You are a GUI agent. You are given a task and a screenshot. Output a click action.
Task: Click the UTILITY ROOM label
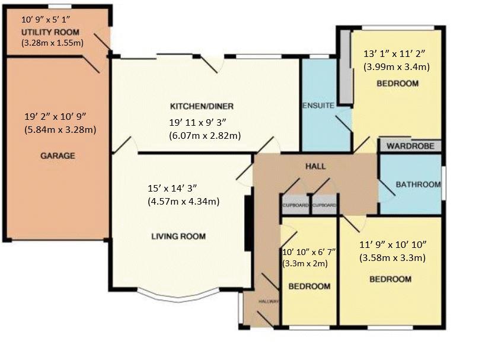50,32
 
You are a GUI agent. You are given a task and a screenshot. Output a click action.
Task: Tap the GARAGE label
58,156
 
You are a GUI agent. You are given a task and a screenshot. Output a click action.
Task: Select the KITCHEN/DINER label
202,106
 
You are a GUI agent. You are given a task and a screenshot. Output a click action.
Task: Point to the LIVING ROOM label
178,237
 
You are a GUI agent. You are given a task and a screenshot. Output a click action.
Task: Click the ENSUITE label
318,106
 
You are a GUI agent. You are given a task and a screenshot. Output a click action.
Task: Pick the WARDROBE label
410,146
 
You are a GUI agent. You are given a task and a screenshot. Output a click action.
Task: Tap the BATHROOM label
418,184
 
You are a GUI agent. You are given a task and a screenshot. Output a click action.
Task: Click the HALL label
315,167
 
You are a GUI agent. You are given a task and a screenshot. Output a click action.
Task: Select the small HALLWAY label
269,302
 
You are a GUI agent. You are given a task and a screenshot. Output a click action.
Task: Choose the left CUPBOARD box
295,205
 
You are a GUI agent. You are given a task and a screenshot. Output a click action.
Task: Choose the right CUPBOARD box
325,205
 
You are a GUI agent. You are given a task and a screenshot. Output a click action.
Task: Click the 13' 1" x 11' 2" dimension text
394,54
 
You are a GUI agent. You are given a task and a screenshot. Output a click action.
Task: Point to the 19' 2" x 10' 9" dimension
55,116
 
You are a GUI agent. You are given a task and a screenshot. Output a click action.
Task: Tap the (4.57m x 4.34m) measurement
184,202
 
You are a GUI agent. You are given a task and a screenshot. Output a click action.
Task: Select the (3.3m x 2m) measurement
305,263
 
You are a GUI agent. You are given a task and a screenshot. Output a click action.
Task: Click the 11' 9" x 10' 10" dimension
393,245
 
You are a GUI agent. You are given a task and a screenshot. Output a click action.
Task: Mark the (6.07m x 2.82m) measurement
205,136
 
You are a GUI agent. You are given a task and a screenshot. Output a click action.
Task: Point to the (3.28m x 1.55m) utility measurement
52,43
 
